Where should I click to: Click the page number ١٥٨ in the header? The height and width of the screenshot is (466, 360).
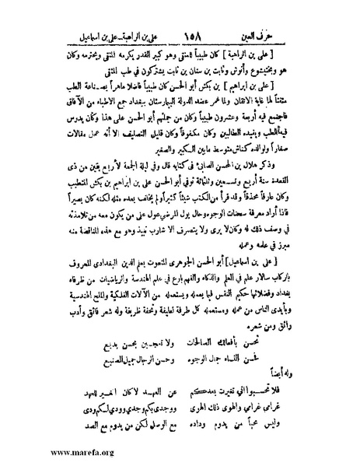pyautogui.click(x=183, y=37)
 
